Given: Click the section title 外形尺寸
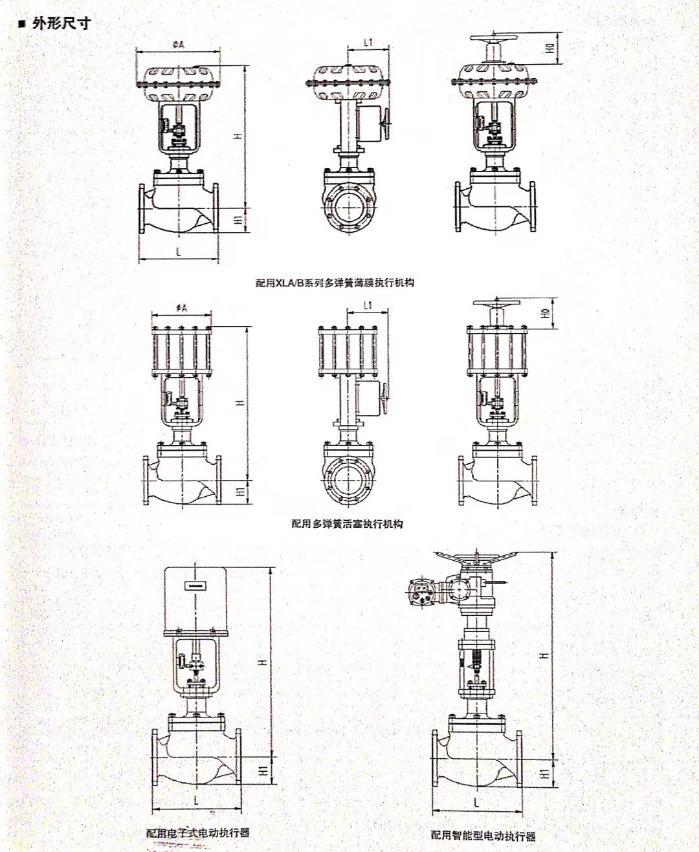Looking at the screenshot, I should pyautogui.click(x=61, y=24).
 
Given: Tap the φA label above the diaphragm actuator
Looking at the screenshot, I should pyautogui.click(x=179, y=45).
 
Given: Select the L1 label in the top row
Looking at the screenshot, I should pyautogui.click(x=368, y=43).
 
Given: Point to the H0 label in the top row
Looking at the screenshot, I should pyautogui.click(x=549, y=48).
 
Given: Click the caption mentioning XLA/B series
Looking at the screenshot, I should pyautogui.click(x=335, y=283).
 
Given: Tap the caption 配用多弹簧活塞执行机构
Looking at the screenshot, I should pyautogui.click(x=347, y=523).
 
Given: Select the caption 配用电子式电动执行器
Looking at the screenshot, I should pyautogui.click(x=198, y=833).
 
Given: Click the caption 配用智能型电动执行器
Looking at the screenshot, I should pyautogui.click(x=483, y=835).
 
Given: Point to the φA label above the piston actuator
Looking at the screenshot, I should pyautogui.click(x=181, y=309).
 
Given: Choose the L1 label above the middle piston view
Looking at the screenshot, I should pyautogui.click(x=368, y=305).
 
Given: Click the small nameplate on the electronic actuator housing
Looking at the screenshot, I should pyautogui.click(x=195, y=585).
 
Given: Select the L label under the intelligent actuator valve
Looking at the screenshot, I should pyautogui.click(x=476, y=802).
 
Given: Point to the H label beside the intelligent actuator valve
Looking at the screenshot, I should pyautogui.click(x=544, y=655).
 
